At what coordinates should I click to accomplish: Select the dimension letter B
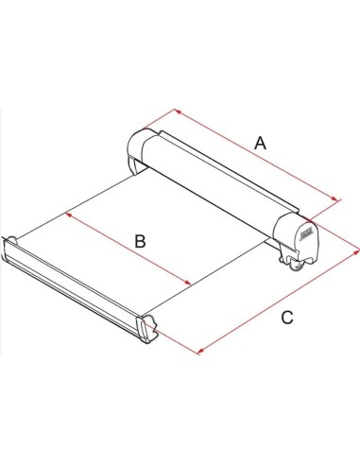point(139,242)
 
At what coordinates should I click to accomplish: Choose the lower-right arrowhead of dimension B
point(191,285)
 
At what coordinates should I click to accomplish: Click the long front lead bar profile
point(76,284)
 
